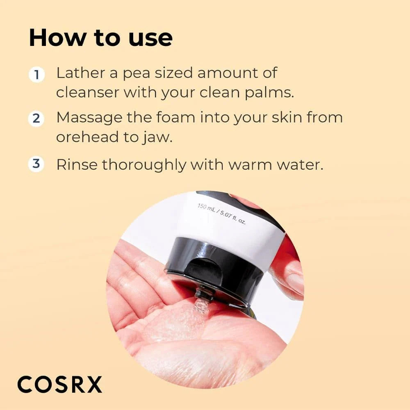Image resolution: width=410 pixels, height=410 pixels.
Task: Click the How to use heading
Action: click(x=100, y=38)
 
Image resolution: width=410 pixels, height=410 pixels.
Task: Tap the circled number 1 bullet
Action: click(x=36, y=75)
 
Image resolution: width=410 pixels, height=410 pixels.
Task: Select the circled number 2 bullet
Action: click(x=36, y=119)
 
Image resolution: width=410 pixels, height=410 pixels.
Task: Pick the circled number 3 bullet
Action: click(x=36, y=164)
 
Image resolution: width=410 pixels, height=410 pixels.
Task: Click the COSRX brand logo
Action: click(x=59, y=385)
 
